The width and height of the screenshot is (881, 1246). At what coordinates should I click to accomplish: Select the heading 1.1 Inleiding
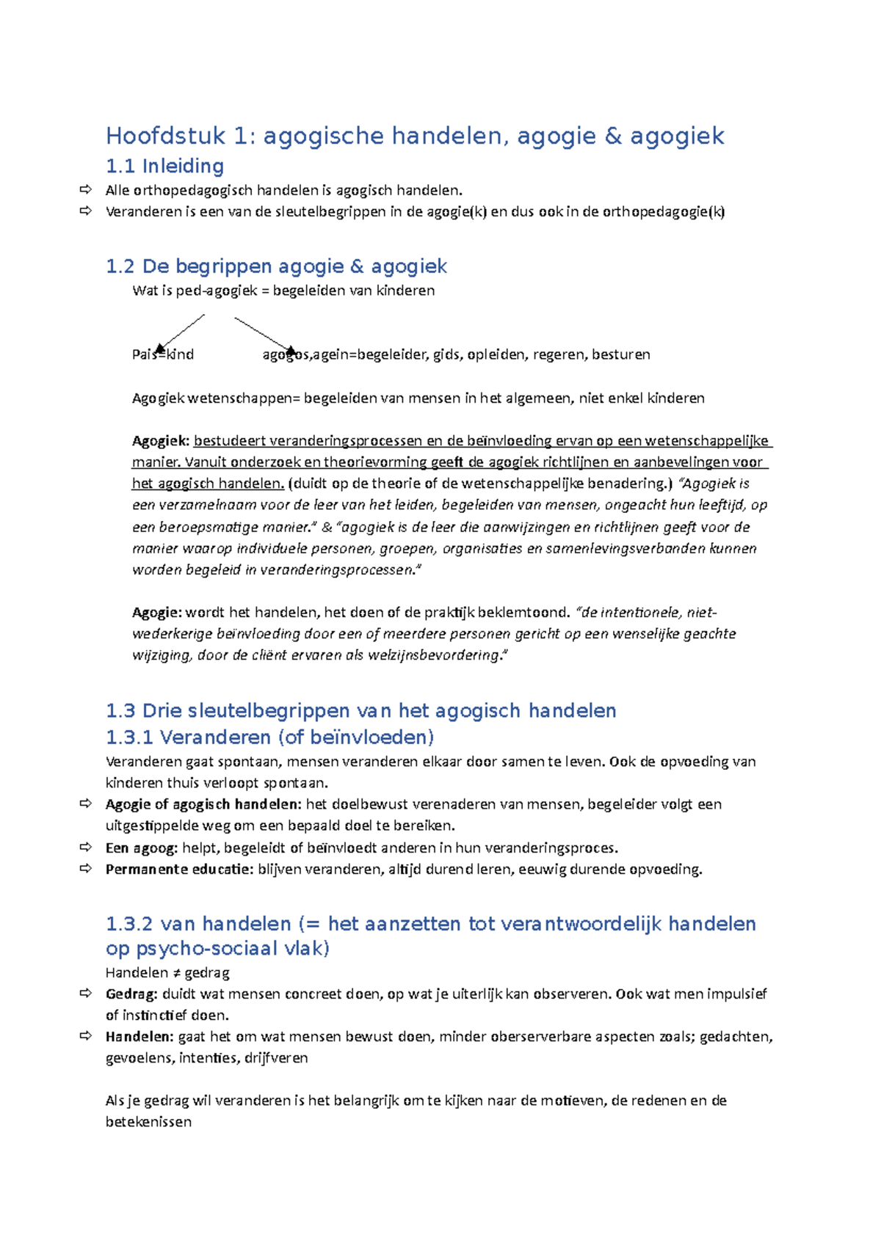164,167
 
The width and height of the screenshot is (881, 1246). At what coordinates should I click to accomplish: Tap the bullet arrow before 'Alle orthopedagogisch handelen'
86,190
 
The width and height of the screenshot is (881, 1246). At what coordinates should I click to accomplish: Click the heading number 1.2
120,266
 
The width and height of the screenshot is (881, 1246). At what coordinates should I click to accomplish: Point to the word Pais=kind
163,354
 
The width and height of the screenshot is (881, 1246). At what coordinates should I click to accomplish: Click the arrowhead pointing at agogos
291,350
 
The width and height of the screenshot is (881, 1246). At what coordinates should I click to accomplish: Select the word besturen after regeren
620,354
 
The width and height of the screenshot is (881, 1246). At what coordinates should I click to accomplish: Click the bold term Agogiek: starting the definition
160,441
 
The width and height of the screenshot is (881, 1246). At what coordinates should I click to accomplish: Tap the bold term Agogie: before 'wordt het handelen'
156,613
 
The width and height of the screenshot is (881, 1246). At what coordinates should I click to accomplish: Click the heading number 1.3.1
129,737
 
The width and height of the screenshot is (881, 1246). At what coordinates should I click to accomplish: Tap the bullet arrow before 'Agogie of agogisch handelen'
86,804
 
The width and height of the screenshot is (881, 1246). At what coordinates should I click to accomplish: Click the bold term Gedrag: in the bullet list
131,994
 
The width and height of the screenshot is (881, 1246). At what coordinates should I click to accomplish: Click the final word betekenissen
148,1122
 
